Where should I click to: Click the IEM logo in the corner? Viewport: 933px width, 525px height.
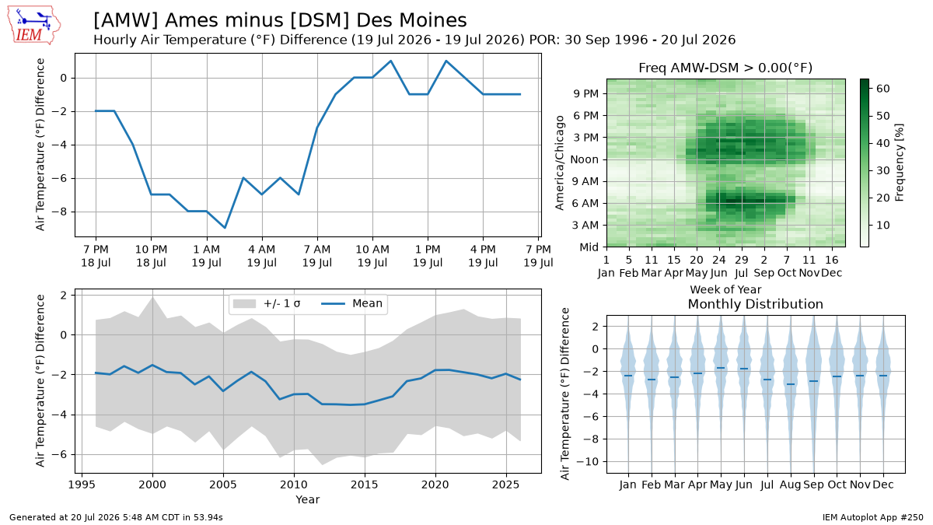click(x=34, y=25)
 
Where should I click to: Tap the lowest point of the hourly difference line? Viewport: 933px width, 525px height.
click(x=225, y=228)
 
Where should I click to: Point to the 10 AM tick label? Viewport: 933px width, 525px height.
click(x=372, y=250)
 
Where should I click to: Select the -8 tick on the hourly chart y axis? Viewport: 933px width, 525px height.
click(x=61, y=212)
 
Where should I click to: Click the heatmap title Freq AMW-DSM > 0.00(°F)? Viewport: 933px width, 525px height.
click(x=725, y=68)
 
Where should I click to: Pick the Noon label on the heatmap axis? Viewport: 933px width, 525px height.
click(x=585, y=159)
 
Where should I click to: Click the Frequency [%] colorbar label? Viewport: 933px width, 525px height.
click(x=900, y=163)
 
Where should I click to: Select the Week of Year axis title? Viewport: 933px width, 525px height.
click(x=725, y=289)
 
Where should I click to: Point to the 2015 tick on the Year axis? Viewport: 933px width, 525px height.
click(x=365, y=485)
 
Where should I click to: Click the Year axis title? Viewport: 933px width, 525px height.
click(x=307, y=499)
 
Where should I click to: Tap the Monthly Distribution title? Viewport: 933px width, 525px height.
click(x=756, y=304)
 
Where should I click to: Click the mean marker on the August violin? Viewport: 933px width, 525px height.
click(x=790, y=384)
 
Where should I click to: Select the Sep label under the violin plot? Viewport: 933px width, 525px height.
click(x=813, y=485)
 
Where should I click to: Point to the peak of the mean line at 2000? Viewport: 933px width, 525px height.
click(x=152, y=365)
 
